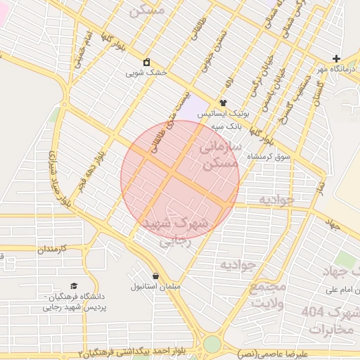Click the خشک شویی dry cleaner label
click(x=146, y=72)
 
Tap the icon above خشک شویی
click(x=146, y=62)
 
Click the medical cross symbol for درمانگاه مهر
click(x=336, y=59)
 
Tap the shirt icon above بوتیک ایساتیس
click(x=223, y=103)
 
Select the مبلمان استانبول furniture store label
click(x=156, y=287)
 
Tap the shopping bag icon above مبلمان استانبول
click(x=155, y=276)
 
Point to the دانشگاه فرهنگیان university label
click(x=74, y=301)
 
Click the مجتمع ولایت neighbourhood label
click(x=267, y=295)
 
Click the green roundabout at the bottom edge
click(x=212, y=345)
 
